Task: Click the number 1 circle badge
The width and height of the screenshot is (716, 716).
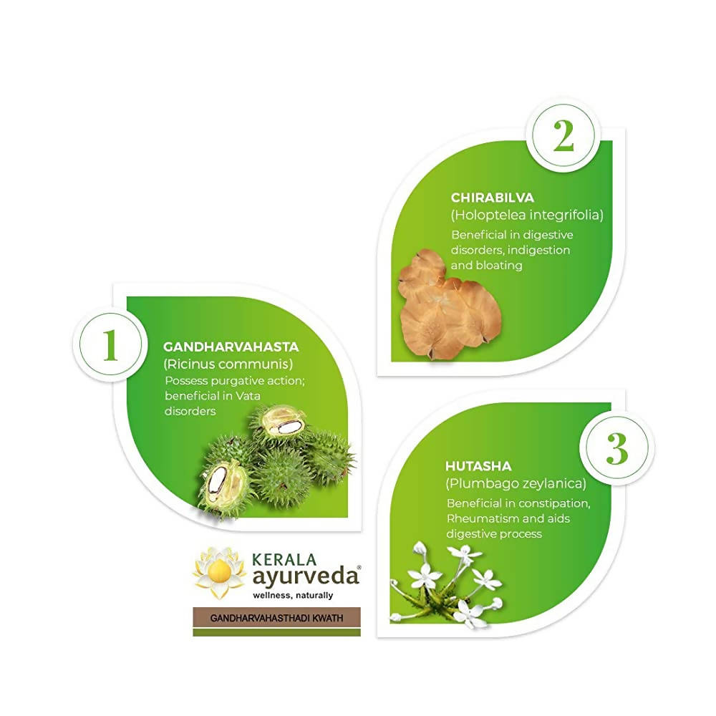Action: [x=109, y=347]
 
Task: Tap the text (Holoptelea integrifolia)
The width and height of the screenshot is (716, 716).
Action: [x=527, y=215]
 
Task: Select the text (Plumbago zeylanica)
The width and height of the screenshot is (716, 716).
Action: [x=516, y=483]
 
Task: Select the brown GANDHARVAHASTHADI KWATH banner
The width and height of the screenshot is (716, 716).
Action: [x=276, y=616]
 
